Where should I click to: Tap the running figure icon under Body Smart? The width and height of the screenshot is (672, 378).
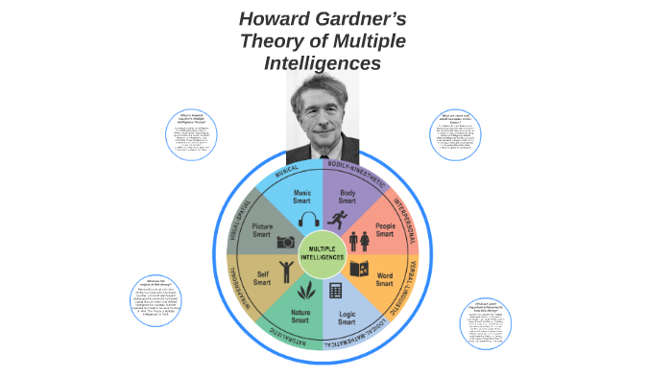(x=336, y=220)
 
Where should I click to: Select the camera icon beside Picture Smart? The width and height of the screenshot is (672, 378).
(x=285, y=242)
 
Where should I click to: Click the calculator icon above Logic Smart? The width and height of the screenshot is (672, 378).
(x=336, y=291)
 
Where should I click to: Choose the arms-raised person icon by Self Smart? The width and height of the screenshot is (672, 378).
(x=285, y=270)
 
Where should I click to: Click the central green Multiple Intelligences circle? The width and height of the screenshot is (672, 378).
(x=322, y=254)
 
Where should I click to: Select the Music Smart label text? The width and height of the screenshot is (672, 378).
(x=301, y=198)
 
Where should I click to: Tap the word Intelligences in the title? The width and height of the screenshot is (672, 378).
(x=323, y=63)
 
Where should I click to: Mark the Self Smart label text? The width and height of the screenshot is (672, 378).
(x=261, y=278)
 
